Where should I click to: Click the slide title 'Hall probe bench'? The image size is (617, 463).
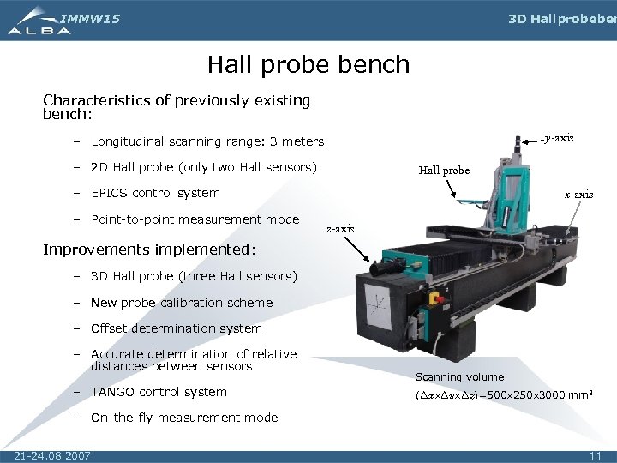308,64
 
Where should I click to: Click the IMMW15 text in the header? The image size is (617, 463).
91,18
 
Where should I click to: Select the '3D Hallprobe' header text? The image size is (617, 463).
561,19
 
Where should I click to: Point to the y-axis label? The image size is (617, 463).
559,138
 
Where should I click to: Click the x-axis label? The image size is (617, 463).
578,195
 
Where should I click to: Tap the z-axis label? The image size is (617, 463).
340,229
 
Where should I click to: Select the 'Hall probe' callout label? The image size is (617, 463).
444,170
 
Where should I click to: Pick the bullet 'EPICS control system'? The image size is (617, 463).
155,193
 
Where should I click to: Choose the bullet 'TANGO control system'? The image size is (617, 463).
159,392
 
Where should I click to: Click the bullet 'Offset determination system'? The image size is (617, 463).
176,328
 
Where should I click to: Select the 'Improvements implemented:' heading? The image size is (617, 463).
149,250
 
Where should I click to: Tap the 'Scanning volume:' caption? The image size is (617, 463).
461,377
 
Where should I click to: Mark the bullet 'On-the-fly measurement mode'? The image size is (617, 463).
183,418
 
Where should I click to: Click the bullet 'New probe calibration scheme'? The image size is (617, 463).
181,303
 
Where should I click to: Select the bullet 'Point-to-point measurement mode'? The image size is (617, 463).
195,219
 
